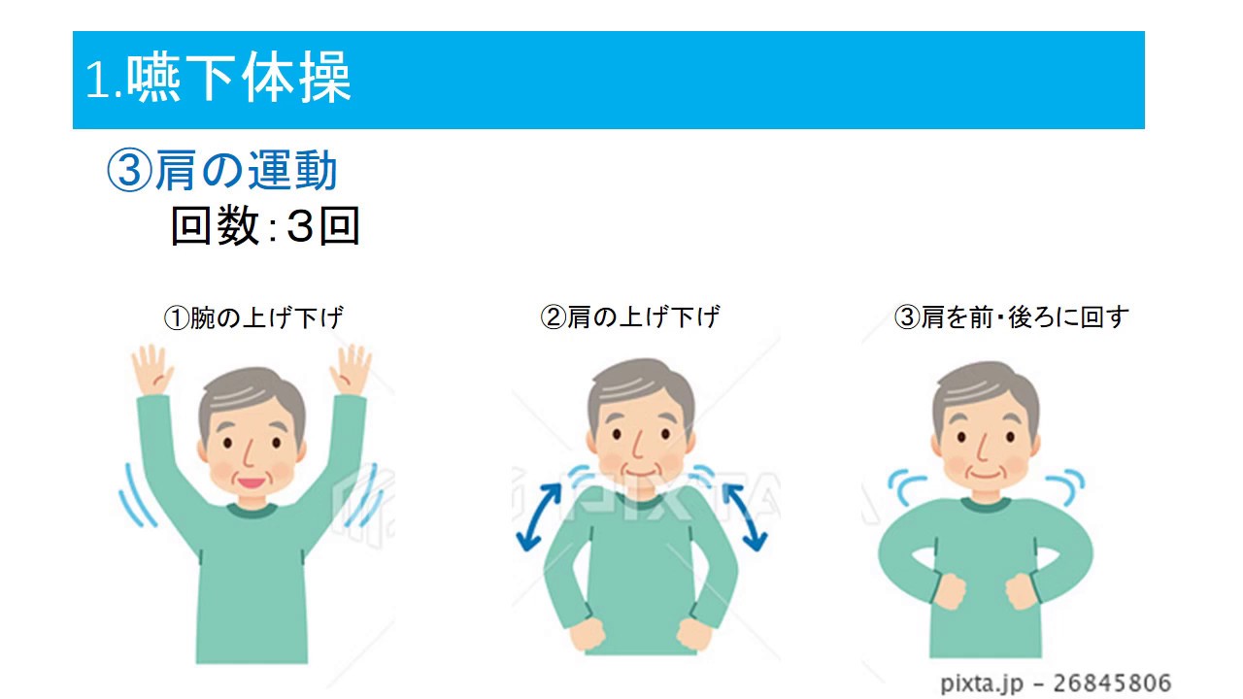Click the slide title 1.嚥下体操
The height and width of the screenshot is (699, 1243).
coord(218,78)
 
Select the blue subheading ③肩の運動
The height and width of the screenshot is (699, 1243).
coord(222,170)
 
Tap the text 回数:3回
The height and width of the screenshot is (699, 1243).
coord(266,225)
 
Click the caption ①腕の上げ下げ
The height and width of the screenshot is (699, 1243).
coord(253,317)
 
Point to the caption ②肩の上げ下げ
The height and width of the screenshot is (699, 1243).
coord(630,317)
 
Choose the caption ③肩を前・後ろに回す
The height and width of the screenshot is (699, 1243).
coord(1012,317)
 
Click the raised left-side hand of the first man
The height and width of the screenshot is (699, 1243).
coord(151,370)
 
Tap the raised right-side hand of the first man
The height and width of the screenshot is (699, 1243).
coord(351,370)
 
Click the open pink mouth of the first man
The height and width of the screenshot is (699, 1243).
coord(251,483)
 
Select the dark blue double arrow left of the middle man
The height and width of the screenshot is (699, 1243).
coord(538,517)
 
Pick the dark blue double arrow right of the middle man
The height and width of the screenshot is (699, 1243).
coord(745,517)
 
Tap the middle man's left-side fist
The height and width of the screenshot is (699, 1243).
coord(588,634)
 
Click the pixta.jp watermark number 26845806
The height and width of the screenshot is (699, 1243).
coord(1112,682)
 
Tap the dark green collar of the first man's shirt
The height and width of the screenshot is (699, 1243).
coord(252,511)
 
